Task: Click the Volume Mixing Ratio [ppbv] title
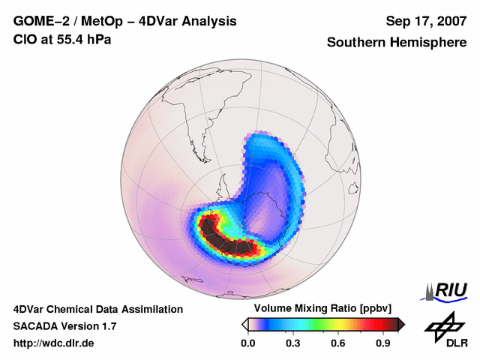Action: click(x=319, y=308)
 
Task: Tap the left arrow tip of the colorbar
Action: click(x=244, y=324)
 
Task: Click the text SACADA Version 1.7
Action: click(x=64, y=326)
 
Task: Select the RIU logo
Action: click(x=444, y=289)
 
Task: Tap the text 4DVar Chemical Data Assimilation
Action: click(x=97, y=309)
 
